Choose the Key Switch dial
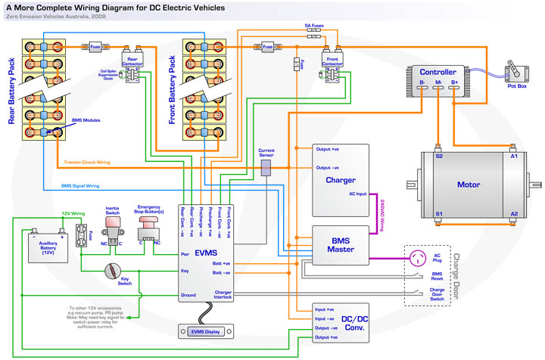coord(114,268)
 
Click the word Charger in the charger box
coord(341,180)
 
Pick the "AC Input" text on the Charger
coord(357,194)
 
